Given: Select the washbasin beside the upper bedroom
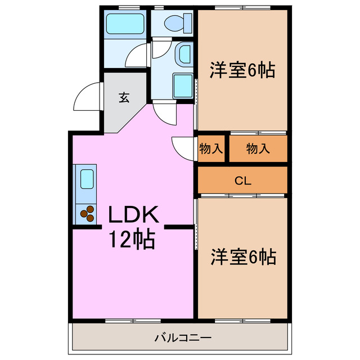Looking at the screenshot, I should [183, 55].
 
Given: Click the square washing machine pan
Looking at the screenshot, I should [183, 85].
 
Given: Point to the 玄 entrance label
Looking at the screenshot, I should [124, 97].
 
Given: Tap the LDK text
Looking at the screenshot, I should [134, 215].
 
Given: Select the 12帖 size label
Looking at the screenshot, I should [132, 240].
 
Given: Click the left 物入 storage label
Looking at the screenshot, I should [211, 149].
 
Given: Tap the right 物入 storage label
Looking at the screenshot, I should [258, 149].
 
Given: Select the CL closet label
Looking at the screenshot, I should [242, 181].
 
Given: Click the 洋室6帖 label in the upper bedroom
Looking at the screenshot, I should [242, 70].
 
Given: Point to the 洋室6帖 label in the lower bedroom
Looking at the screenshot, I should [243, 256].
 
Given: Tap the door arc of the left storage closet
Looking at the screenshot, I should [182, 147].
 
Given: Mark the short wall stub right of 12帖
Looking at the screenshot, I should [178, 227].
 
